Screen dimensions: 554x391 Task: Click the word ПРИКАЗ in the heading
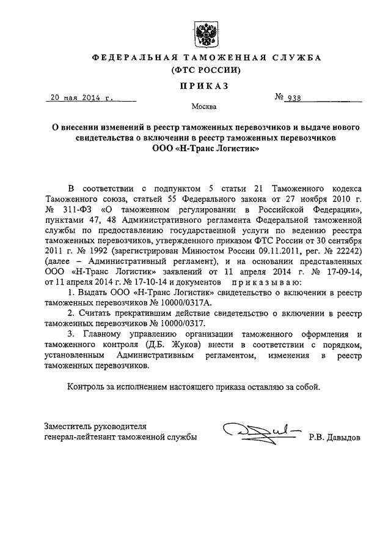(204, 86)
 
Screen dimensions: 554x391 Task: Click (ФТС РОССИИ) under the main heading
(204, 70)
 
